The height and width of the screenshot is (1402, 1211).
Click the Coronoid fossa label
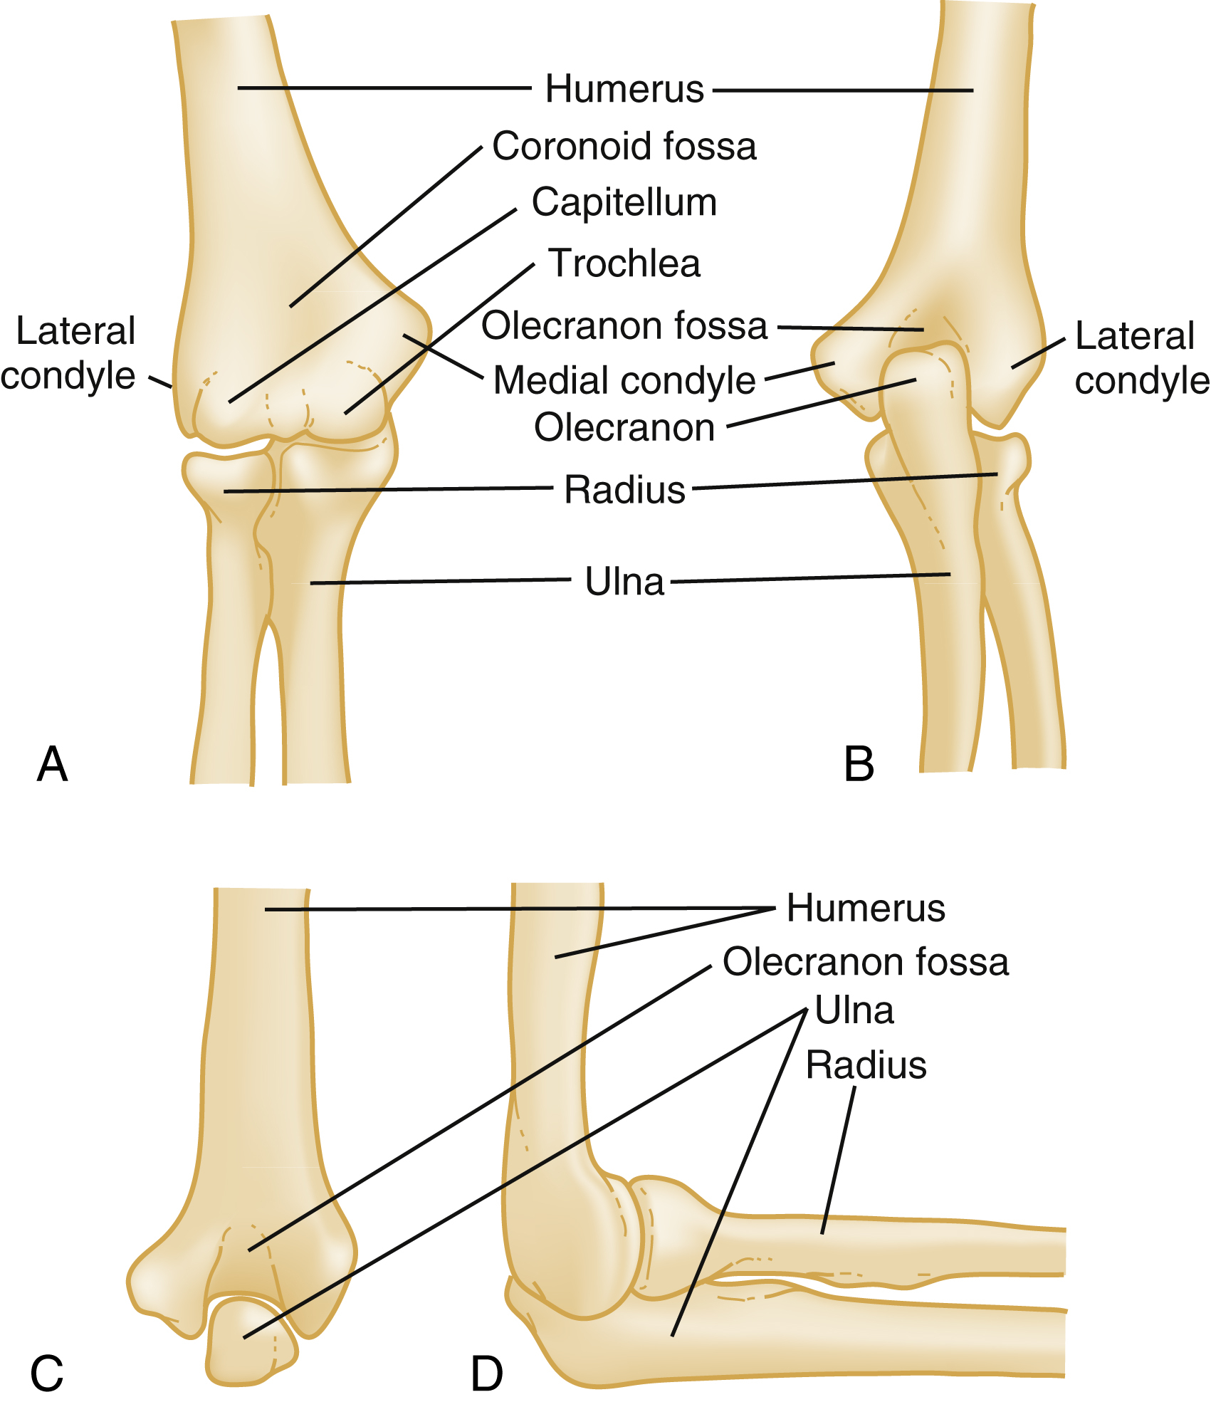click(x=624, y=147)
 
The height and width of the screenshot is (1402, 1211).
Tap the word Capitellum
click(x=624, y=203)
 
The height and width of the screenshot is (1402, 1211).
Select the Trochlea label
click(x=624, y=263)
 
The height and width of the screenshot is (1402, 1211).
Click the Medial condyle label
click(x=624, y=380)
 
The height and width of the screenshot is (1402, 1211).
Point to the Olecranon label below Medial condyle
click(x=624, y=428)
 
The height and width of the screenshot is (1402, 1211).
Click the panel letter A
click(x=52, y=765)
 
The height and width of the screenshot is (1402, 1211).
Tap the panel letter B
click(x=859, y=765)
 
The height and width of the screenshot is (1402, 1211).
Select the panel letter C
click(x=47, y=1373)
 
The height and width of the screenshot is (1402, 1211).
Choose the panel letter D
click(x=487, y=1374)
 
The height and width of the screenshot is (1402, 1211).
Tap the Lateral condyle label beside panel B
click(x=1139, y=358)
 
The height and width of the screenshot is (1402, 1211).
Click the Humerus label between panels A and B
click(x=624, y=90)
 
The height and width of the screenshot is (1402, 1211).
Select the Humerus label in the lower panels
click(x=865, y=909)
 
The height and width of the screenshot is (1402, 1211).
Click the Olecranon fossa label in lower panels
click(x=865, y=962)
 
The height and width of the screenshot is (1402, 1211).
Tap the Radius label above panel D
click(x=865, y=1065)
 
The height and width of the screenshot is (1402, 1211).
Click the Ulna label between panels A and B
click(x=624, y=582)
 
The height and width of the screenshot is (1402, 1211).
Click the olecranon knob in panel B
click(x=926, y=384)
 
